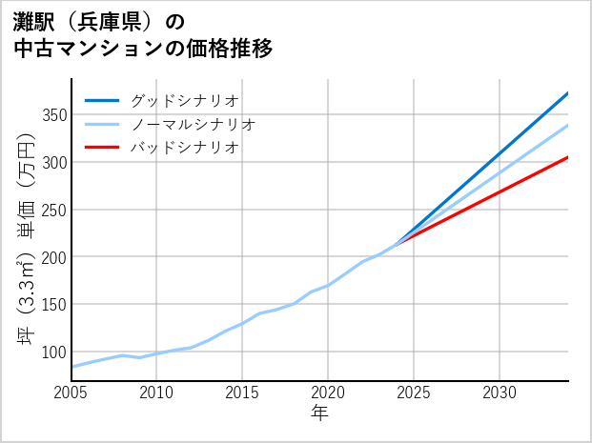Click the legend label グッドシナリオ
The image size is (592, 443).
[x=184, y=100]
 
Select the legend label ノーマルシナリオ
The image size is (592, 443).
[x=193, y=124]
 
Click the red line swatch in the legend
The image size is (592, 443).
[x=102, y=148]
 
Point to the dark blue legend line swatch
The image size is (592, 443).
[x=102, y=100]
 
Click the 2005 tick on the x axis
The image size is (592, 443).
[x=71, y=393]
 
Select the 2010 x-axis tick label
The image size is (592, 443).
[x=157, y=393]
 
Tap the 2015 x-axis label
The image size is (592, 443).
[x=243, y=393]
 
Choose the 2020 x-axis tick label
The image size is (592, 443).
[x=328, y=393]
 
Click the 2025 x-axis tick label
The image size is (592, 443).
[x=414, y=393]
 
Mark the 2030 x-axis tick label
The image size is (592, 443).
[x=500, y=393]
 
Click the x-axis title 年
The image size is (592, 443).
[x=319, y=413]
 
